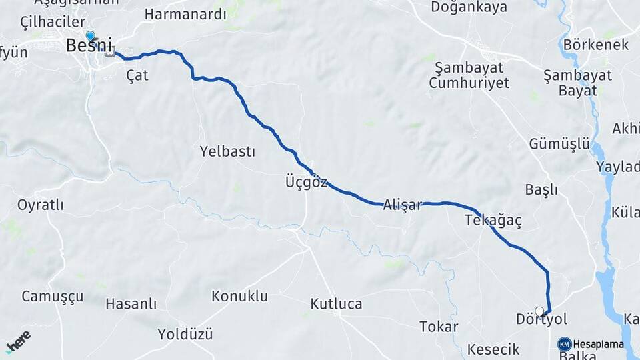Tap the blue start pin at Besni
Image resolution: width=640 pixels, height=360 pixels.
pyautogui.click(x=90, y=36)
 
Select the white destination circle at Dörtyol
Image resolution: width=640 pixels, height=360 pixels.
pyautogui.click(x=539, y=311)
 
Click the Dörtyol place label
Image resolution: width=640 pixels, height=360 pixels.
pyautogui.click(x=541, y=319)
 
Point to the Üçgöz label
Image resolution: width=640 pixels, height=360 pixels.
pyautogui.click(x=306, y=182)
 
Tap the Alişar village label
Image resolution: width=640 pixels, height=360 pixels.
pyautogui.click(x=403, y=205)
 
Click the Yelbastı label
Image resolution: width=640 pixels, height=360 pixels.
pyautogui.click(x=227, y=151)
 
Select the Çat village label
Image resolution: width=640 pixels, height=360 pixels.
pyautogui.click(x=137, y=75)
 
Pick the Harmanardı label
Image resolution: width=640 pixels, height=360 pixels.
pyautogui.click(x=185, y=14)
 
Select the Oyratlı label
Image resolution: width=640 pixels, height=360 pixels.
pyautogui.click(x=41, y=205)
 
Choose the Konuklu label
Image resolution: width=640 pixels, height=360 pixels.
pyautogui.click(x=239, y=295)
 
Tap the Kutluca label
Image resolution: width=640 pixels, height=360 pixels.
pyautogui.click(x=336, y=304)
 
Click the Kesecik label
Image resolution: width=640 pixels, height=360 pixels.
pyautogui.click(x=493, y=349)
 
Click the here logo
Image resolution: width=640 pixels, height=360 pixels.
pyautogui.click(x=18, y=341)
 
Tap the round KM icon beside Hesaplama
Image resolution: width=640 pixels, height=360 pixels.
pyautogui.click(x=564, y=344)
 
